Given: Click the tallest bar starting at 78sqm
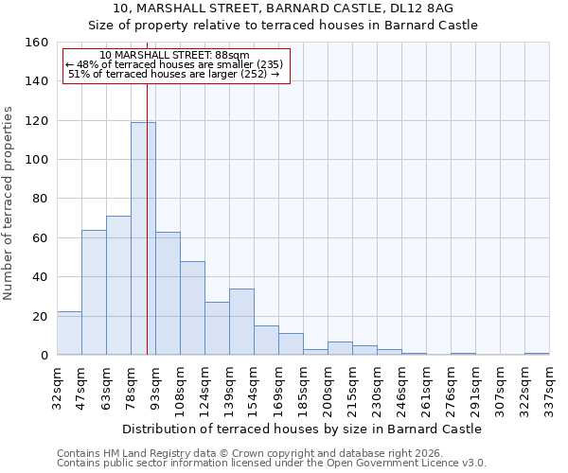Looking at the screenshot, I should click(143, 238).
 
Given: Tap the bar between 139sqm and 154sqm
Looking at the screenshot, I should click(241, 322).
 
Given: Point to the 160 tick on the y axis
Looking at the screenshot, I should click(39, 43).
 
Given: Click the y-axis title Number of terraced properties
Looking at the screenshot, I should click(9, 203).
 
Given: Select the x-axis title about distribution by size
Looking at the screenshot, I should click(302, 429).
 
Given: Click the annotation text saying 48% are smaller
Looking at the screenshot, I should click(175, 65).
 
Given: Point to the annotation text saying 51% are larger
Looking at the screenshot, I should click(175, 74).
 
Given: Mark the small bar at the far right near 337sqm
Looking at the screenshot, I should click(537, 354).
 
